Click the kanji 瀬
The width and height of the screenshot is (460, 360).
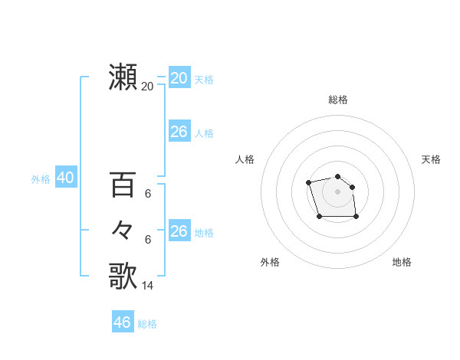click(123, 77)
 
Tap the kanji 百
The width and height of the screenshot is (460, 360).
click(123, 185)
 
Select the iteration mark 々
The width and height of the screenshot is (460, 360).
click(123, 230)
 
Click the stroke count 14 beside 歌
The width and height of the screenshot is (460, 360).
click(148, 285)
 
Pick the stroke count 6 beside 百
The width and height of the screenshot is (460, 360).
click(148, 194)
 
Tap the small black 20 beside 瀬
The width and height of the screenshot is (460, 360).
click(148, 87)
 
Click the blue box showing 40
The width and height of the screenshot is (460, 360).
click(65, 178)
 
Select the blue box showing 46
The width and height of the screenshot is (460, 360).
click(122, 322)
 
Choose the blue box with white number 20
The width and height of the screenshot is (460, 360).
click(179, 77)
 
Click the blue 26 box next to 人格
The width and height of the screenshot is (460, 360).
click(179, 132)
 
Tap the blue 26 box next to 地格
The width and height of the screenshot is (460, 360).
click(179, 231)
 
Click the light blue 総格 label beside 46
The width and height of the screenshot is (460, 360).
click(147, 324)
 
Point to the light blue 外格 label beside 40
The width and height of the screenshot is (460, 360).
click(41, 179)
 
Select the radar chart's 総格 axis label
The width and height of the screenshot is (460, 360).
click(338, 100)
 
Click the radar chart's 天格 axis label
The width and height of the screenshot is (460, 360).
click(432, 159)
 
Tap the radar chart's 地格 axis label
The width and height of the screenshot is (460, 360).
click(402, 262)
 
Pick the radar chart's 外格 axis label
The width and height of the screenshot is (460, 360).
click(270, 262)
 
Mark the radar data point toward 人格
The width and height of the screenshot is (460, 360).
click(308, 182)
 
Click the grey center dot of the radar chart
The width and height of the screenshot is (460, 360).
click(338, 191)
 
